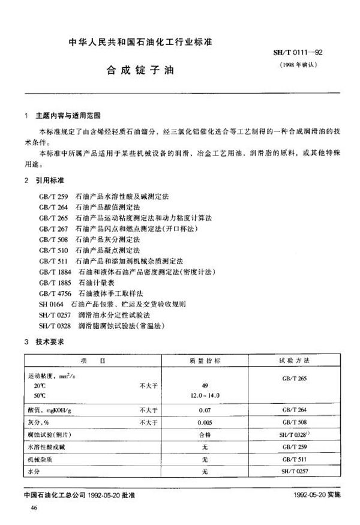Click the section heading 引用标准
[x=53, y=181]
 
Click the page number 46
[x=25, y=508]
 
